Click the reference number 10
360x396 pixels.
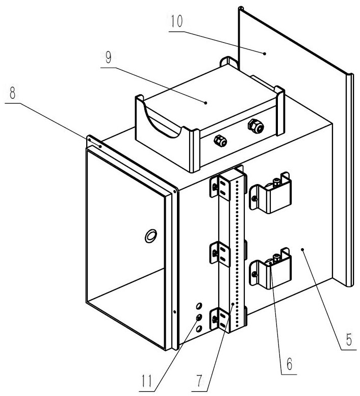[x=176, y=21]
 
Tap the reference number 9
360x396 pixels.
[x=109, y=58]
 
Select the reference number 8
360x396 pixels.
[x=12, y=93]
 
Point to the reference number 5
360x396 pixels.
[x=349, y=339]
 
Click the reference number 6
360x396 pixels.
[x=290, y=364]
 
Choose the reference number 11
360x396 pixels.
[x=147, y=381]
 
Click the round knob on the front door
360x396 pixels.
[x=151, y=236]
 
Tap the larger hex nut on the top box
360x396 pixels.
[x=255, y=126]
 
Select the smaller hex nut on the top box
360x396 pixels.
[x=220, y=141]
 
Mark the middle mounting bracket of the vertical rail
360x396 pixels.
[x=220, y=253]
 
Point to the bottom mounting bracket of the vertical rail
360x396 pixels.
[x=219, y=319]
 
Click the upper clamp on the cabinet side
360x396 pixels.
[x=270, y=193]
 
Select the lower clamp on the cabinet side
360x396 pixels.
[x=270, y=269]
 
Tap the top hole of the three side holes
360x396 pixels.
[x=199, y=306]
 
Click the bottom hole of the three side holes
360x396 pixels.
[x=199, y=328]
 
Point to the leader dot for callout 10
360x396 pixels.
[x=265, y=54]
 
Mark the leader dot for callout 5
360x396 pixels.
[x=302, y=250]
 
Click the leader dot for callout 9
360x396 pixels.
[x=205, y=103]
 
